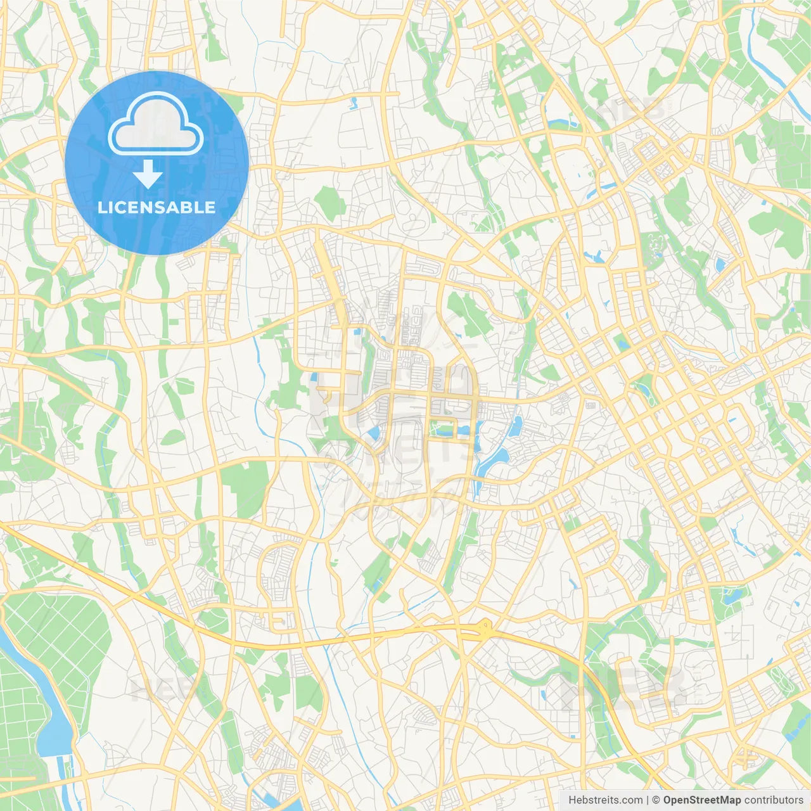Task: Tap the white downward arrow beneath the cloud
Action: pyautogui.click(x=148, y=174)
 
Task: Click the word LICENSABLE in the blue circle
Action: pyautogui.click(x=156, y=207)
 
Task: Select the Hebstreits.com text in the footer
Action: pyautogui.click(x=605, y=800)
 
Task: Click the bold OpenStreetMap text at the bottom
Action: pyautogui.click(x=702, y=800)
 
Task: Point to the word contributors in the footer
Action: pyautogui.click(x=774, y=800)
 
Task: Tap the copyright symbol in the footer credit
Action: pyautogui.click(x=656, y=800)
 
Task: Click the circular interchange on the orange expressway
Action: pyautogui.click(x=485, y=629)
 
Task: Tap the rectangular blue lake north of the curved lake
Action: pyautogui.click(x=515, y=426)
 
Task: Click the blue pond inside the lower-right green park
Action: pyautogui.click(x=733, y=596)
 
